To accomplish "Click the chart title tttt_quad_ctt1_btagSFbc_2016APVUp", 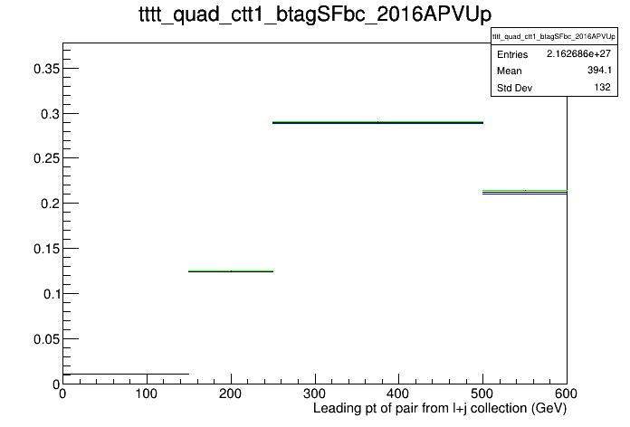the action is pos(315,14).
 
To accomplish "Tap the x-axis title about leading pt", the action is pos(440,409).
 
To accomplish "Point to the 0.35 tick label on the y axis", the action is pos(46,69).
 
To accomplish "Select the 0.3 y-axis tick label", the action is pos(50,114).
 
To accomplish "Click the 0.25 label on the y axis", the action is pos(46,158).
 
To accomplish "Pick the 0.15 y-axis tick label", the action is pos(46,249).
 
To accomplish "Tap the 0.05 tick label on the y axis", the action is pos(46,339).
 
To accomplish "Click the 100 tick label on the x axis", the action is pos(147,394).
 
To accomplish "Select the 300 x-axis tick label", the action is pos(315,394).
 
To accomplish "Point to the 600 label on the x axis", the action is pos(567,394).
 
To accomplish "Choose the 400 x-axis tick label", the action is pos(398,394).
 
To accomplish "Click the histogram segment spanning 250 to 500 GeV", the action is pos(377,122).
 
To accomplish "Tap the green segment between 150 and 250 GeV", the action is pos(231,271).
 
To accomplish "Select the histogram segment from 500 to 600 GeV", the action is pos(525,192).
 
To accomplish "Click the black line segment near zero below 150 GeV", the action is pos(126,375).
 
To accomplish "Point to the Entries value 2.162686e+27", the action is pos(578,53).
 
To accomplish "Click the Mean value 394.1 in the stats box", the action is pos(599,71).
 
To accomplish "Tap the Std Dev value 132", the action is pos(602,87).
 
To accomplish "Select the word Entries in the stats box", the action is pos(512,54).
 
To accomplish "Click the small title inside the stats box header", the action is pos(554,36).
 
